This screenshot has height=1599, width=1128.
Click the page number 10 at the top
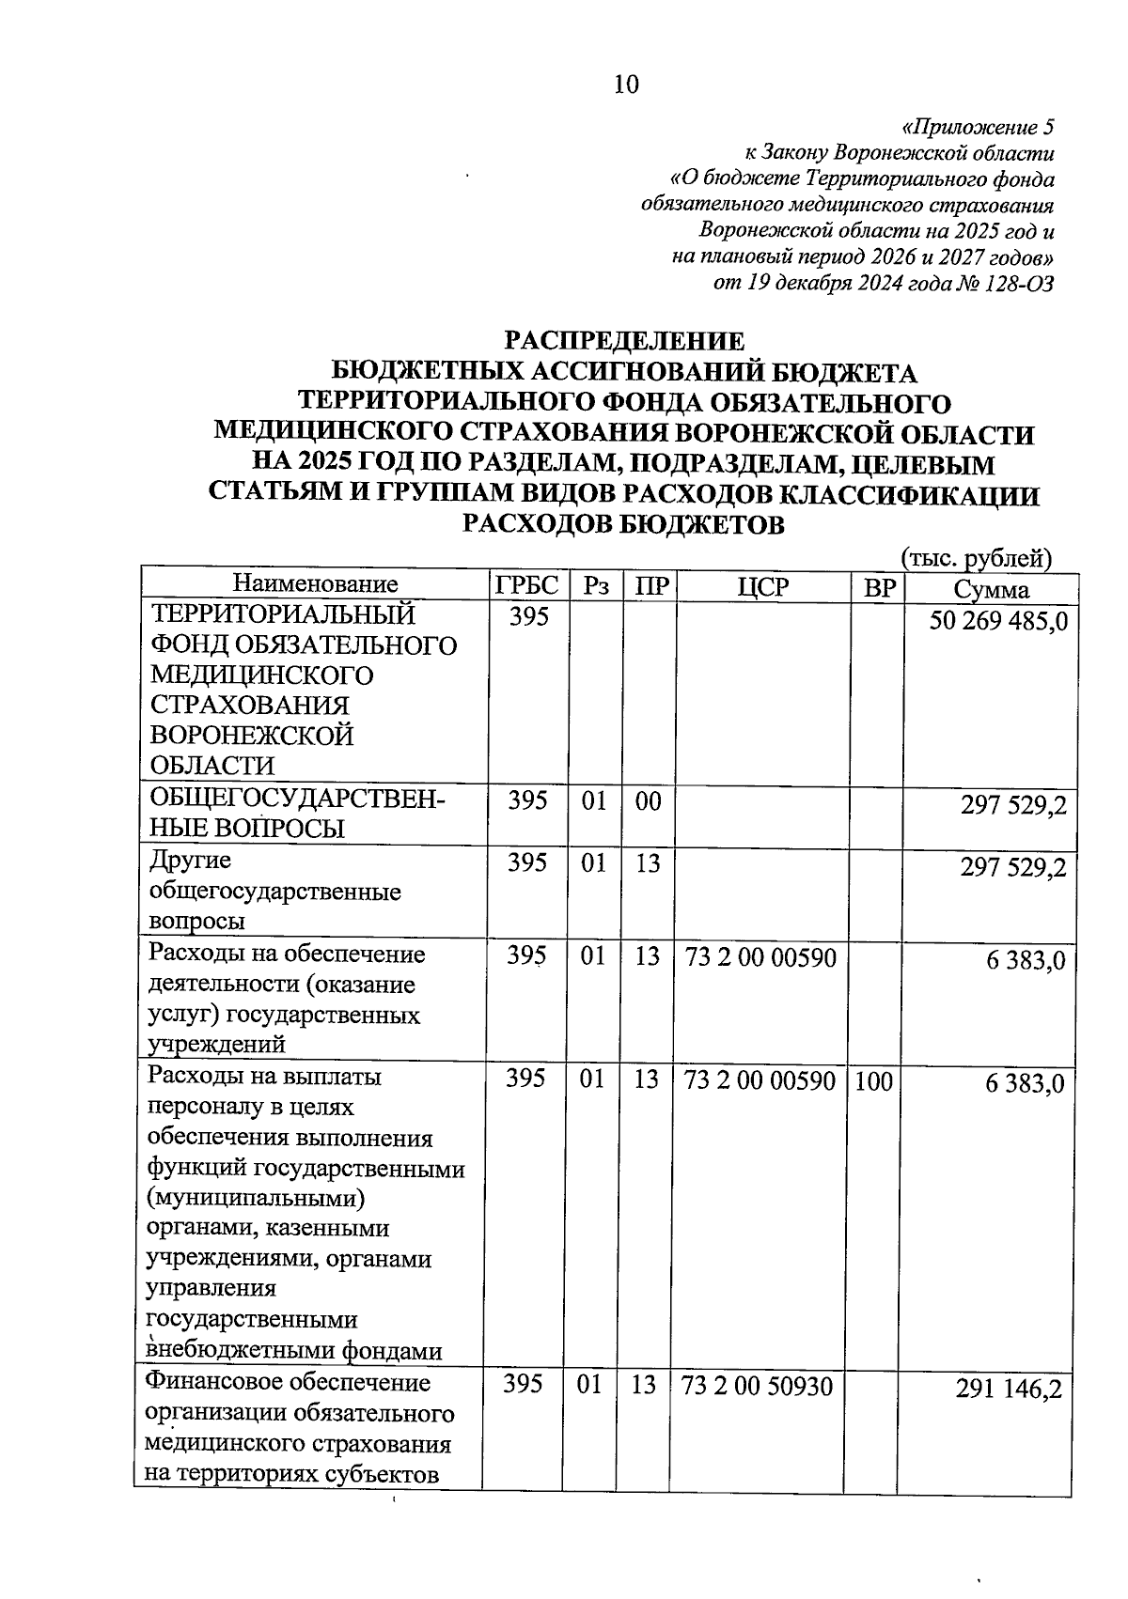(x=625, y=85)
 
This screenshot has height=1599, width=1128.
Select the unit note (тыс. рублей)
(x=975, y=558)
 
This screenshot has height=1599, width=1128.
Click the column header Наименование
(x=315, y=585)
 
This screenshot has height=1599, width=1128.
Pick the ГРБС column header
(x=526, y=586)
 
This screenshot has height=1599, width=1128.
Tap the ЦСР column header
(x=762, y=586)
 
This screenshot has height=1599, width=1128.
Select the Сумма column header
(x=991, y=589)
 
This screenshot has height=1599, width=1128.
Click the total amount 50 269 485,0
(x=997, y=621)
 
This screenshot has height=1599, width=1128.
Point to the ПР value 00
(x=648, y=801)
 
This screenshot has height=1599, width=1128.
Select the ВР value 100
(x=873, y=1080)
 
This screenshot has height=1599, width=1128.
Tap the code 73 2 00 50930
(x=757, y=1386)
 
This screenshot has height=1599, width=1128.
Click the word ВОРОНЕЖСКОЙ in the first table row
(x=251, y=736)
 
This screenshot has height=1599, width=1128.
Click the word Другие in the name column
(x=190, y=861)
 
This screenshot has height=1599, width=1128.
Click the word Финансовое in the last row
(x=214, y=1383)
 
